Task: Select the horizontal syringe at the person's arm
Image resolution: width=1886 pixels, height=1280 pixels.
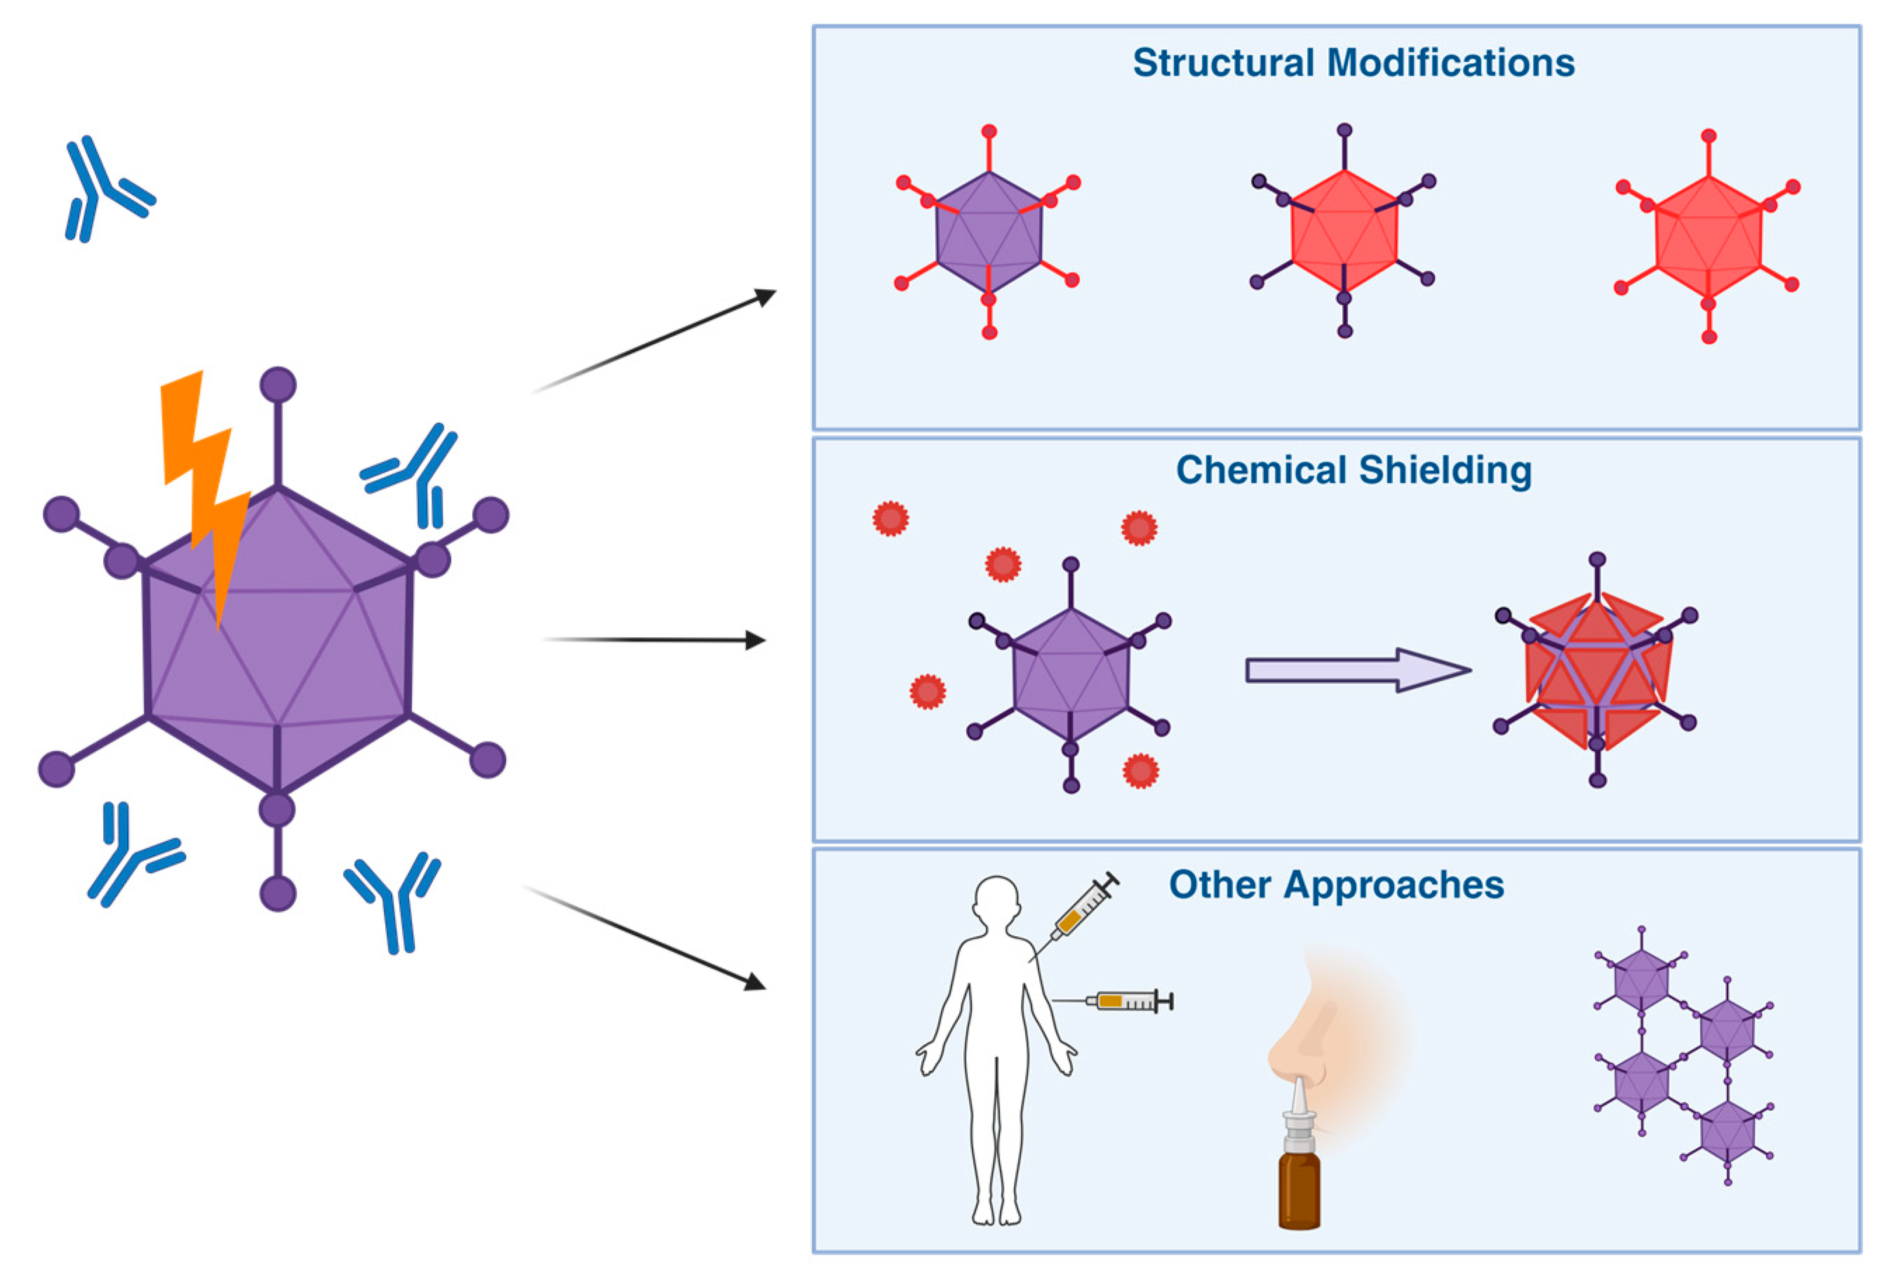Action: click(1128, 1001)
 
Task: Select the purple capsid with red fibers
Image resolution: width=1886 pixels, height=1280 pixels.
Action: click(989, 233)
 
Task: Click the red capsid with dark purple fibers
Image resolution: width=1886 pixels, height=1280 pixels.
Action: click(1344, 232)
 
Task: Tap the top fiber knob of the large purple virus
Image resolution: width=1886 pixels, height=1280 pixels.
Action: click(278, 385)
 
